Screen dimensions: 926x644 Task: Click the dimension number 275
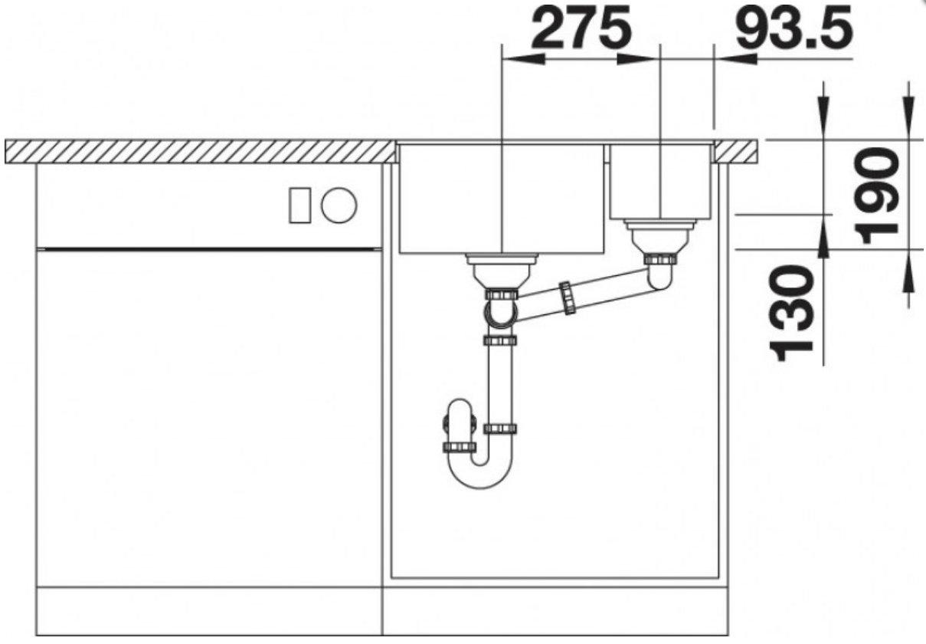click(581, 28)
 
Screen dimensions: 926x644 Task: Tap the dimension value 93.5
click(794, 28)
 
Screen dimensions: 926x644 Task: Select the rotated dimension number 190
click(875, 196)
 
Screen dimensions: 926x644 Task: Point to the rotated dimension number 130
click(791, 314)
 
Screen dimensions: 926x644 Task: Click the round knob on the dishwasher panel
click(339, 205)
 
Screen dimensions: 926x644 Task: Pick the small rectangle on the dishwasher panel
click(300, 205)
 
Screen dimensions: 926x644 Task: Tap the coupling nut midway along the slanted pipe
click(568, 298)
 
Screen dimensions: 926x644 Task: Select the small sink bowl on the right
click(660, 181)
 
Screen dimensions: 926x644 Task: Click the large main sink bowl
click(502, 199)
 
